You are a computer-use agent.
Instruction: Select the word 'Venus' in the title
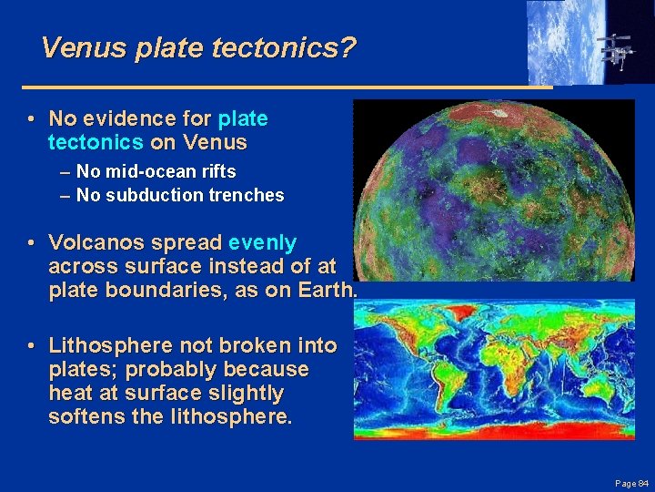click(x=84, y=46)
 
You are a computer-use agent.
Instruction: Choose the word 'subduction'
click(x=148, y=195)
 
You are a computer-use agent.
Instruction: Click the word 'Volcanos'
click(x=89, y=242)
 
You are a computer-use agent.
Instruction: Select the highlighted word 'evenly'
click(x=262, y=242)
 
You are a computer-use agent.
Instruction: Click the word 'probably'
click(x=168, y=370)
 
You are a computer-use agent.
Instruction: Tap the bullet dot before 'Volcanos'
click(x=31, y=243)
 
